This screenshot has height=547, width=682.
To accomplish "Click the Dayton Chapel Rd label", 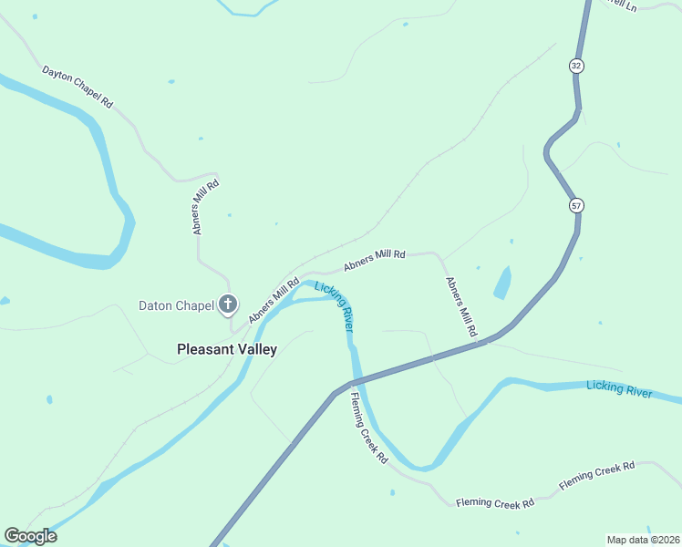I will [77, 88].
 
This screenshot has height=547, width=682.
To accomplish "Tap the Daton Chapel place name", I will [176, 305].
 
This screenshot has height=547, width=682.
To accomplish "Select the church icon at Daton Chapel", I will [228, 305].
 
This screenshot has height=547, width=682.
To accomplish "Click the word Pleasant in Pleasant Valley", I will [206, 348].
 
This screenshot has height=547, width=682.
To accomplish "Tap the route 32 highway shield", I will [575, 66].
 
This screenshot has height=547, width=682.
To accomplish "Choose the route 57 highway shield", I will [576, 205].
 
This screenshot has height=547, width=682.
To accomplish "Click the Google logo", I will [30, 536].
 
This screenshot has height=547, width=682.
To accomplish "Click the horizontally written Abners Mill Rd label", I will [374, 260].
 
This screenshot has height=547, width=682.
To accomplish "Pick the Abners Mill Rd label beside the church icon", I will [274, 300].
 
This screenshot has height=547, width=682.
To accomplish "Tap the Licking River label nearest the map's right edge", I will [620, 389].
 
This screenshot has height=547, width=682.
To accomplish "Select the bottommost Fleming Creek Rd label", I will [495, 502].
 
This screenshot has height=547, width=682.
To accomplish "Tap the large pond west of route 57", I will [501, 283].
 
